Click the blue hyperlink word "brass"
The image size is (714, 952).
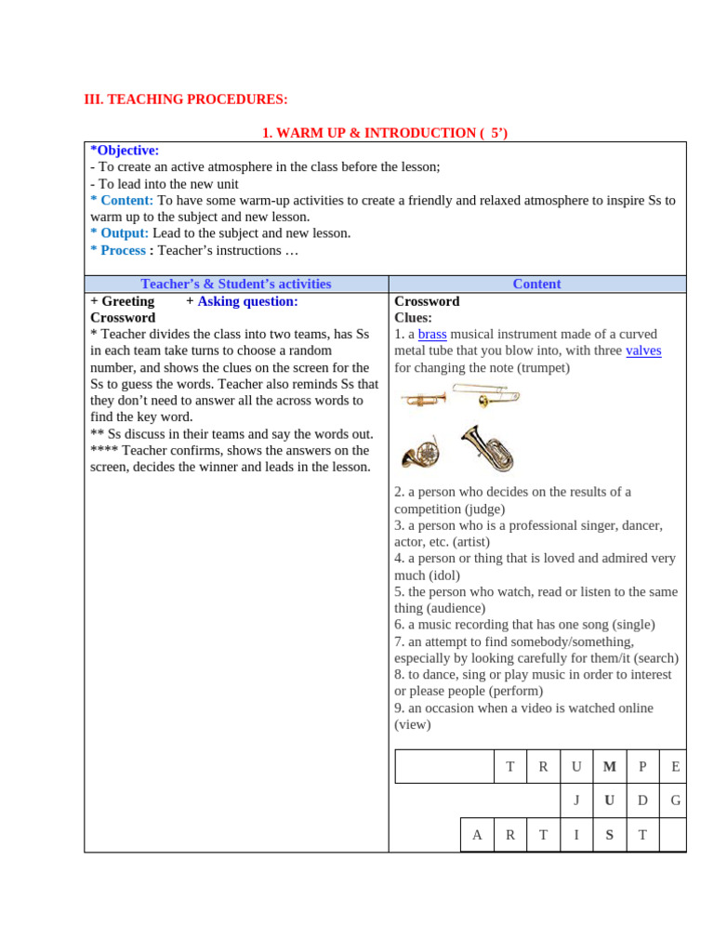[432, 335]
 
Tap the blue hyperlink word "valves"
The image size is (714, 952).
[643, 350]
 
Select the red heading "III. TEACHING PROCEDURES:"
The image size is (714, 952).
[186, 99]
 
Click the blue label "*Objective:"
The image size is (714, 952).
[125, 151]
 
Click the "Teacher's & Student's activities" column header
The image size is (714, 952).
[235, 284]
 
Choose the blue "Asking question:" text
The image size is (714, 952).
[247, 301]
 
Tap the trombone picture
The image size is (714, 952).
[498, 397]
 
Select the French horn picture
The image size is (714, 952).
[419, 453]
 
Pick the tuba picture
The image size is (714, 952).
[487, 447]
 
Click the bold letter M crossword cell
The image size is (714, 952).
[610, 767]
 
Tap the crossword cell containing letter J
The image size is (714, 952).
[576, 800]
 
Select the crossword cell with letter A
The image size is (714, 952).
[477, 835]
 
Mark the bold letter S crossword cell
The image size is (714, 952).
[610, 835]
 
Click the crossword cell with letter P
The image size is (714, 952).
[642, 767]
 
